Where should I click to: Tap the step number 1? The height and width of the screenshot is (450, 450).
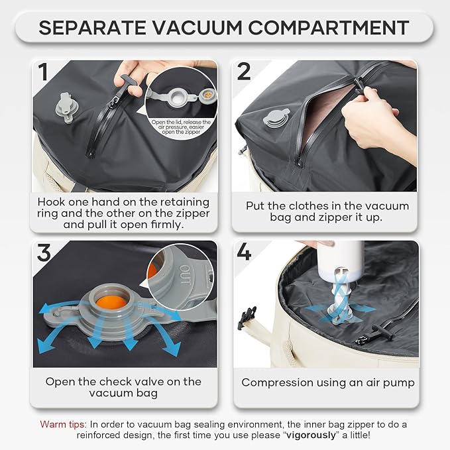pyautogui.click(x=44, y=73)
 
